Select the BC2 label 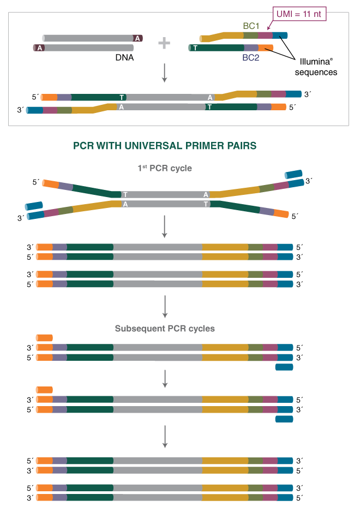(x=250, y=57)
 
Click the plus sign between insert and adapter (x=164, y=43)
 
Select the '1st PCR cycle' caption (x=164, y=169)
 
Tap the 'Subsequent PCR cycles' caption (x=164, y=329)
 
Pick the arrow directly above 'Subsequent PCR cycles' (x=164, y=306)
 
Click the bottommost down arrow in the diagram (x=164, y=437)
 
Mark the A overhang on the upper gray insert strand (x=138, y=38)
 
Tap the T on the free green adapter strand (x=195, y=48)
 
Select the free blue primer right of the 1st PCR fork (x=293, y=174)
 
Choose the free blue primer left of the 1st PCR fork (x=34, y=206)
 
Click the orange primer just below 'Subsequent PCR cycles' (x=44, y=338)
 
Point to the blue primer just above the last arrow (x=284, y=419)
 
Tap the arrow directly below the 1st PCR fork (x=164, y=227)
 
